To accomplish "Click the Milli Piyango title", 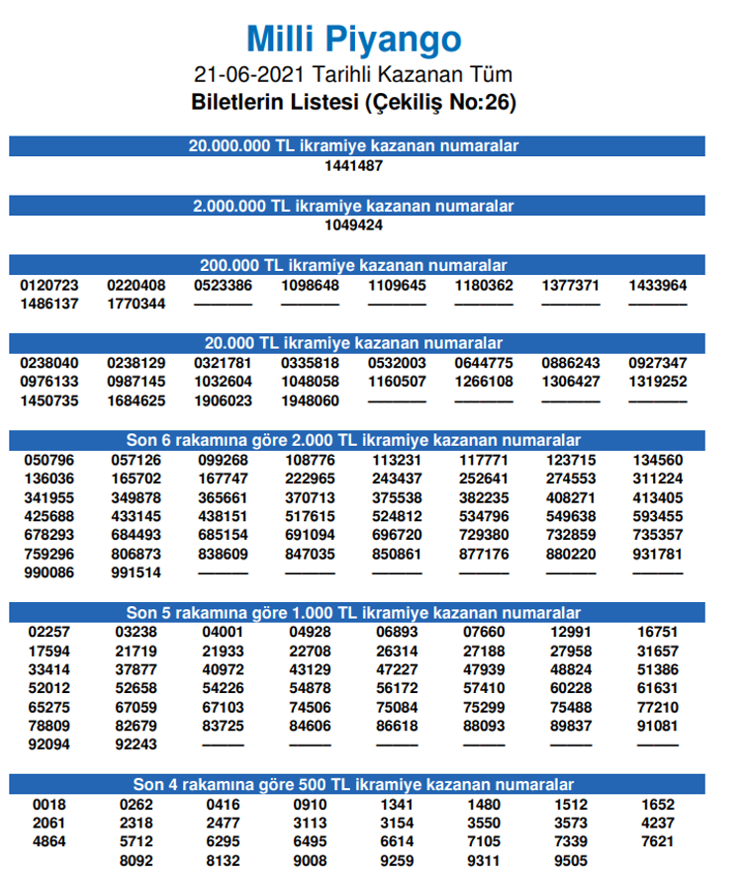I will point(354,40).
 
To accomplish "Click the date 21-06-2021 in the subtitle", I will point(250,75).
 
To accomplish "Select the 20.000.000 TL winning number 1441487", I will point(354,165).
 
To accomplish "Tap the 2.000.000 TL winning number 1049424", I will point(354,224).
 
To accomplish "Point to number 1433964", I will point(657,286).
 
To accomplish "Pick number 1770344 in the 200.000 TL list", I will point(137,304).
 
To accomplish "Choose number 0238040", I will point(49,363).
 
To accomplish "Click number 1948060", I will point(311,400).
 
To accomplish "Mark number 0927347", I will point(657,363).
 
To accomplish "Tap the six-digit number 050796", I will point(49,460).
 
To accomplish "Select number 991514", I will point(137,572).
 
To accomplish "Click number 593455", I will point(657,516).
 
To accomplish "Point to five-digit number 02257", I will point(49,632).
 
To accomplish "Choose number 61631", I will point(657,688).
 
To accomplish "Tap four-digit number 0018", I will point(49,804).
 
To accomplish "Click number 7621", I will point(657,841).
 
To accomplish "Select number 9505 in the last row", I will point(570,860).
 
